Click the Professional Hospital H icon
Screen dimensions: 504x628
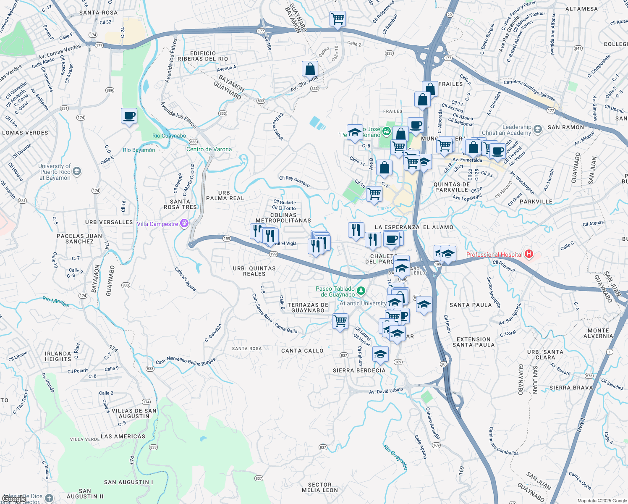click(529, 254)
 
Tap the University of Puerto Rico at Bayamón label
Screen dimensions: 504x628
click(55, 172)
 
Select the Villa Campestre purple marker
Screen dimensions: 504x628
click(184, 223)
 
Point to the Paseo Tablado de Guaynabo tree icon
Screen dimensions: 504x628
click(361, 291)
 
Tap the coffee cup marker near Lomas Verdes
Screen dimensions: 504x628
click(129, 116)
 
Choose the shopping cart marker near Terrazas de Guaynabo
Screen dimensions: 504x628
click(340, 321)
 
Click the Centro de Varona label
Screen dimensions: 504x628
click(209, 149)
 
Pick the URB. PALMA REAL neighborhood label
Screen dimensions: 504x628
click(225, 195)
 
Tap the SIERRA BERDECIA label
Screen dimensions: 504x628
click(359, 370)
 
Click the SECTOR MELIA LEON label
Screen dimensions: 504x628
click(320, 487)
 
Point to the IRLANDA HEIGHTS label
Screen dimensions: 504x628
click(58, 356)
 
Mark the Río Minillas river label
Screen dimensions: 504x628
click(55, 302)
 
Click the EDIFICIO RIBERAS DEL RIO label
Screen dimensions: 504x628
click(203, 56)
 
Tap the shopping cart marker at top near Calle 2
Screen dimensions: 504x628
click(338, 19)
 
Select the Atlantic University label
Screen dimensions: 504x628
click(363, 303)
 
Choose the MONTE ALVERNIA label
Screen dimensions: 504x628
click(598, 333)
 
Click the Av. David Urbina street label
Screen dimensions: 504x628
click(386, 391)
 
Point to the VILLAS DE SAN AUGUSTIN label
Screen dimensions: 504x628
click(134, 413)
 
